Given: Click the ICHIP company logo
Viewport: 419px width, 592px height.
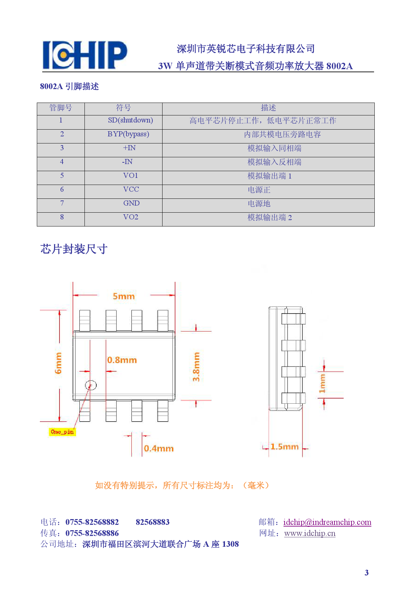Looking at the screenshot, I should (x=84, y=55).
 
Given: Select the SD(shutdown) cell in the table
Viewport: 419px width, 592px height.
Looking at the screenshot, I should (x=130, y=120).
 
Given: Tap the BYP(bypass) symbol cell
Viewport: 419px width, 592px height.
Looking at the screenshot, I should (x=128, y=134).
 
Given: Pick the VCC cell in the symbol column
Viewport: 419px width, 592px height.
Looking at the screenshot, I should (x=131, y=190).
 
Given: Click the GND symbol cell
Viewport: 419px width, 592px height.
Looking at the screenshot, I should (x=131, y=204).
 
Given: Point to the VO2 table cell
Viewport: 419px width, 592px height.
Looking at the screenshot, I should (x=131, y=217).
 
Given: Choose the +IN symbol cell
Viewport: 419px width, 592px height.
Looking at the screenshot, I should (x=129, y=148).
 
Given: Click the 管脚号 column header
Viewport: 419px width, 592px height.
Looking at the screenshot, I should (x=61, y=108).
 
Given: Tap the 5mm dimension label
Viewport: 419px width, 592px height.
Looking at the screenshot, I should (x=124, y=296).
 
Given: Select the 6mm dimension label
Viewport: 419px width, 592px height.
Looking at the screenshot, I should (x=58, y=363).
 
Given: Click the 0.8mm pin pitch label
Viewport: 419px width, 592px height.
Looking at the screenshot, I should (x=122, y=360).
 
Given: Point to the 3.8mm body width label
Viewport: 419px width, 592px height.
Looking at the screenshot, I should (x=196, y=367).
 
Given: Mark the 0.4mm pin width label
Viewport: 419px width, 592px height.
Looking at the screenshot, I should (x=158, y=449).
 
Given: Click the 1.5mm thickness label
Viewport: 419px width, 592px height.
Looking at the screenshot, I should (x=285, y=447).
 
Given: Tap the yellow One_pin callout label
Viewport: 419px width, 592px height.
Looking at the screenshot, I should (x=63, y=432).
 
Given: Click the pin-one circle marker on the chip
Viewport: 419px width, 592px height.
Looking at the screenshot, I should (x=91, y=385).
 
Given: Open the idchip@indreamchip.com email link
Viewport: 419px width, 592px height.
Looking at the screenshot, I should (x=327, y=522).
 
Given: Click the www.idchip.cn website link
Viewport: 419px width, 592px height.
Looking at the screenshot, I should (x=310, y=533).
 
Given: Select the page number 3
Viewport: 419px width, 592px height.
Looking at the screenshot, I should (x=367, y=573).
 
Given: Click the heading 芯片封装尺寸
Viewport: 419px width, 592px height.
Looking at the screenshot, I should (x=74, y=249).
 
